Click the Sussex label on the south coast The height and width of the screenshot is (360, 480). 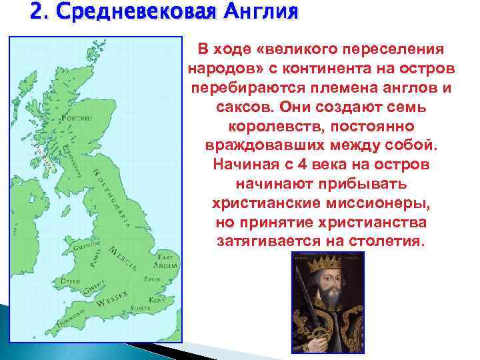point(139,308)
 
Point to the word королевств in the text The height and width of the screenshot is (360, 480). point(274,126)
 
